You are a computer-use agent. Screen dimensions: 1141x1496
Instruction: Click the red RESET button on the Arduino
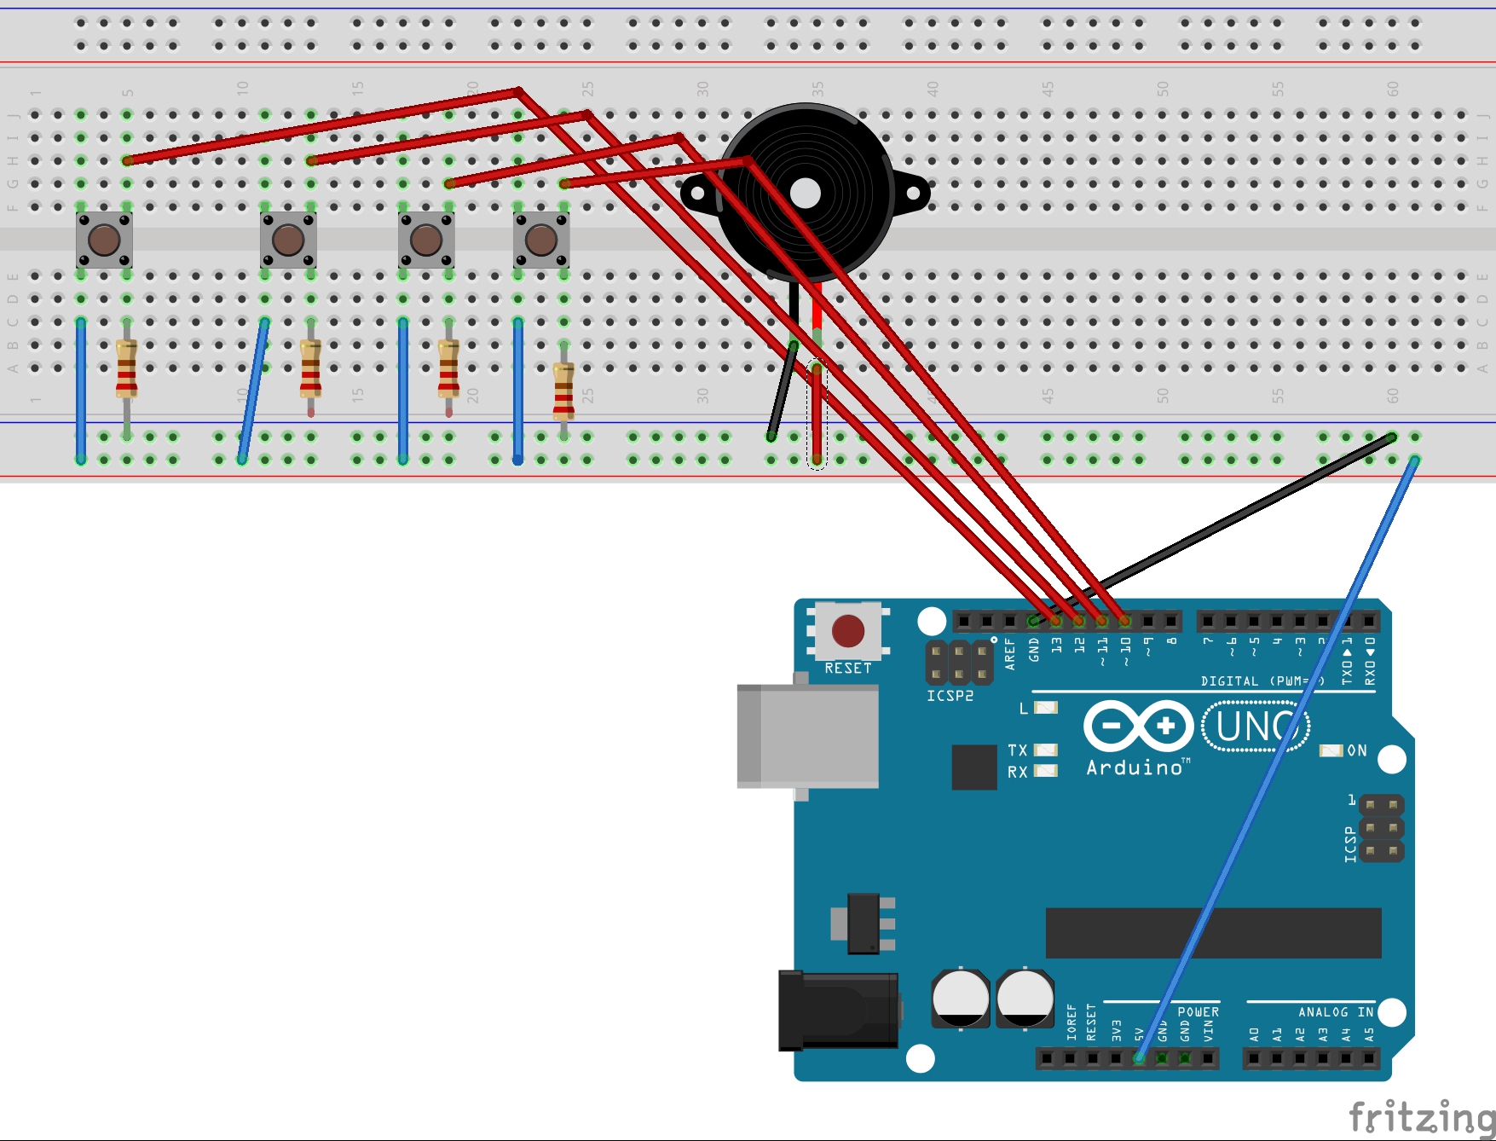(x=848, y=631)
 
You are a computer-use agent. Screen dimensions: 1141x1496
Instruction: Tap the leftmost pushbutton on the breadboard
(x=104, y=240)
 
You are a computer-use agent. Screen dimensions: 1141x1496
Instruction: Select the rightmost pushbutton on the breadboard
(x=541, y=240)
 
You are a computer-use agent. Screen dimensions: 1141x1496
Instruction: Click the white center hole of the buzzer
(x=806, y=194)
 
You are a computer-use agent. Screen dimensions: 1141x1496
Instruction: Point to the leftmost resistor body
(x=127, y=368)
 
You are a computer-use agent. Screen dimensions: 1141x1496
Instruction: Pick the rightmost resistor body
(x=563, y=391)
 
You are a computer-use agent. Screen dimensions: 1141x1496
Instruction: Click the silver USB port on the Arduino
(x=808, y=735)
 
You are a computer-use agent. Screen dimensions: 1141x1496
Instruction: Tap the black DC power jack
(x=839, y=1010)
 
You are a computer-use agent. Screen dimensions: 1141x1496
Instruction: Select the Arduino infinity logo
(x=1138, y=727)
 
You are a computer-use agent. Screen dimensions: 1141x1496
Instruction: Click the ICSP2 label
(x=950, y=696)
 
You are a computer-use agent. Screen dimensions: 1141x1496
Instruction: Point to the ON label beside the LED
(x=1357, y=750)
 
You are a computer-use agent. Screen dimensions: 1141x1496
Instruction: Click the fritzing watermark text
(x=1421, y=1116)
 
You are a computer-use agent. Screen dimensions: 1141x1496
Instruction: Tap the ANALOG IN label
(x=1335, y=1012)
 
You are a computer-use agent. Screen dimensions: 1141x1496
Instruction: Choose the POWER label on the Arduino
(x=1198, y=1012)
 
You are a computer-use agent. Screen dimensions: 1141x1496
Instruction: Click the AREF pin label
(x=1010, y=654)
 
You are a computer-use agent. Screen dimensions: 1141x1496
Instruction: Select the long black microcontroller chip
(x=1213, y=933)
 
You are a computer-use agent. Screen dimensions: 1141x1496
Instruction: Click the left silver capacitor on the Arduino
(x=961, y=998)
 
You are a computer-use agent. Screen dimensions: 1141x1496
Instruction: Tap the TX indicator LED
(x=1046, y=750)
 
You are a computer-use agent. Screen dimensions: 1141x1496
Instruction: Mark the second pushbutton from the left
(x=288, y=240)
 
